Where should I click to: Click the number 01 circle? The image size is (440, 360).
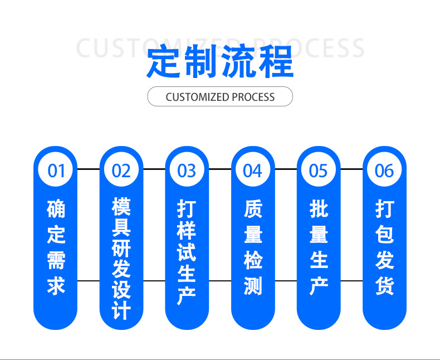(56, 170)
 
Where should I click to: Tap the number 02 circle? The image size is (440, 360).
(121, 170)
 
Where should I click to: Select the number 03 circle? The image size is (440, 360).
(187, 170)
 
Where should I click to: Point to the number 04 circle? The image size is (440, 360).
(253, 170)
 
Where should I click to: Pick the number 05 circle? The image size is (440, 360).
(319, 170)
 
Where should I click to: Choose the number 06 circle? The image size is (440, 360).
(384, 170)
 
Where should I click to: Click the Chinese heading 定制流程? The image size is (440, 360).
(220, 61)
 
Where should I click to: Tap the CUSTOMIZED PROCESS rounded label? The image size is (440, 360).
(220, 97)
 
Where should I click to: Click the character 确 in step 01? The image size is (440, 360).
(56, 209)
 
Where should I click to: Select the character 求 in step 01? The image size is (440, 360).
(56, 285)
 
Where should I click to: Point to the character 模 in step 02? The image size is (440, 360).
(121, 206)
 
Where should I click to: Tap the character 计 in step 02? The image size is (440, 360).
(121, 310)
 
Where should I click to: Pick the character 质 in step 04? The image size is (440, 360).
(253, 209)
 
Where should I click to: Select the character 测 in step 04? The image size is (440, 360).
(253, 285)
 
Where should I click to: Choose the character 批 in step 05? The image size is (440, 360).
(319, 209)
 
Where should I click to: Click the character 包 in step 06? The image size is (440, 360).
(384, 235)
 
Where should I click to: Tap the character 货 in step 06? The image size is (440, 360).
(384, 285)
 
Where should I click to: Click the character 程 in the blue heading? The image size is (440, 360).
(276, 61)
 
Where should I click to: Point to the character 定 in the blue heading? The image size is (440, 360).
(164, 61)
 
